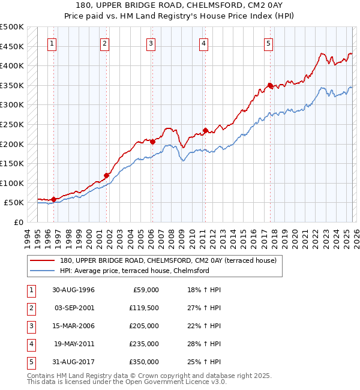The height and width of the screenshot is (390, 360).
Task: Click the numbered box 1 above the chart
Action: [53, 43]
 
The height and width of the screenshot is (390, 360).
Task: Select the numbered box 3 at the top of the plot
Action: [151, 43]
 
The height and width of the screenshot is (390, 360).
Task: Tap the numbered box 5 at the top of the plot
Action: [268, 43]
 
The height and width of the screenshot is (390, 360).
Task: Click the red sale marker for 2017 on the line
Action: [271, 86]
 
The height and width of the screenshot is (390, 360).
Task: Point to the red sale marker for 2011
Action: [205, 130]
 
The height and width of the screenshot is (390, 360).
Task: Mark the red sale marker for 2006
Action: [152, 142]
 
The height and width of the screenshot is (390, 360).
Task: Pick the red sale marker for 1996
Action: [54, 199]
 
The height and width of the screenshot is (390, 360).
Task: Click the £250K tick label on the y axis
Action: [12, 124]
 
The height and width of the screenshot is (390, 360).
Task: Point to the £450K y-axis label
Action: [12, 46]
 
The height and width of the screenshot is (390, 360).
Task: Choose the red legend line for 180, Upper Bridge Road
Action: [43, 261]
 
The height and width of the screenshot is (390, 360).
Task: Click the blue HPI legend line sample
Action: [43, 271]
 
